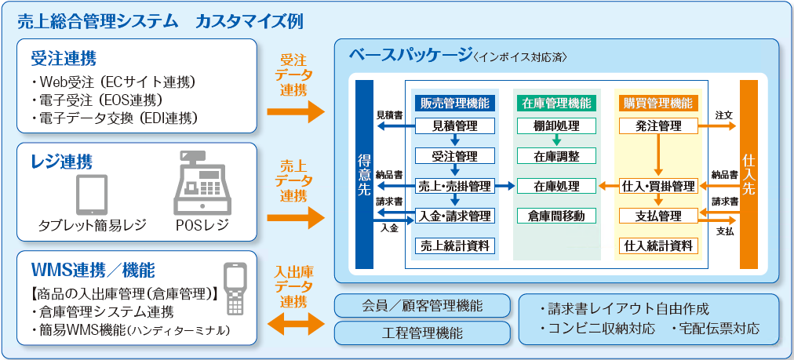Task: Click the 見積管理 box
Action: click(455, 125)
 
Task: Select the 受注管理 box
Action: click(455, 155)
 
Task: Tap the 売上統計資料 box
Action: click(455, 246)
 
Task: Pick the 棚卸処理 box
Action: click(556, 125)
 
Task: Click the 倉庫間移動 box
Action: click(556, 216)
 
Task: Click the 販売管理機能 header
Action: click(455, 104)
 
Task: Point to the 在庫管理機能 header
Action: click(556, 104)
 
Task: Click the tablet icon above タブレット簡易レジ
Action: click(92, 195)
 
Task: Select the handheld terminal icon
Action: click(235, 289)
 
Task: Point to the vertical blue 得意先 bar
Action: click(364, 174)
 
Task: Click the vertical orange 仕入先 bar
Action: click(748, 174)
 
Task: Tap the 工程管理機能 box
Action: click(422, 333)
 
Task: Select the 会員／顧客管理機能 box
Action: click(422, 305)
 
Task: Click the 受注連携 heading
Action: click(64, 59)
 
